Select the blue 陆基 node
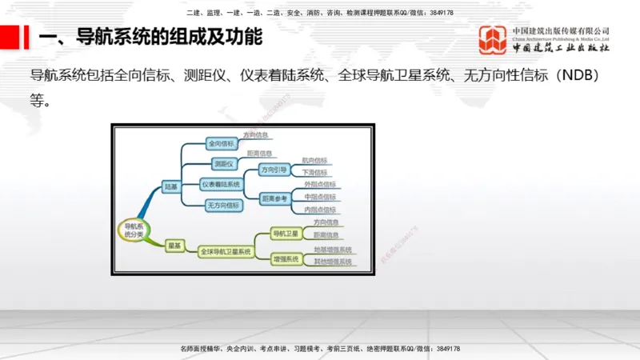tap(170, 186)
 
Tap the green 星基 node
tap(174, 245)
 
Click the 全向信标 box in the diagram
tap(221, 144)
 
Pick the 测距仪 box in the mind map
tap(225, 164)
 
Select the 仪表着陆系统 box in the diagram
tap(221, 185)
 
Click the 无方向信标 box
tap(222, 205)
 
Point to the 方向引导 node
tap(274, 170)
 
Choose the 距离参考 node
tap(274, 198)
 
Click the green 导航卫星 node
tap(285, 234)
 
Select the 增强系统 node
tap(285, 259)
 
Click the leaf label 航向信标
tap(314, 160)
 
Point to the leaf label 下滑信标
tap(314, 172)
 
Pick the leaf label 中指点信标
tap(320, 197)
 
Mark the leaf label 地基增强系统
tap(332, 250)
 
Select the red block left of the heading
tap(10, 38)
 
